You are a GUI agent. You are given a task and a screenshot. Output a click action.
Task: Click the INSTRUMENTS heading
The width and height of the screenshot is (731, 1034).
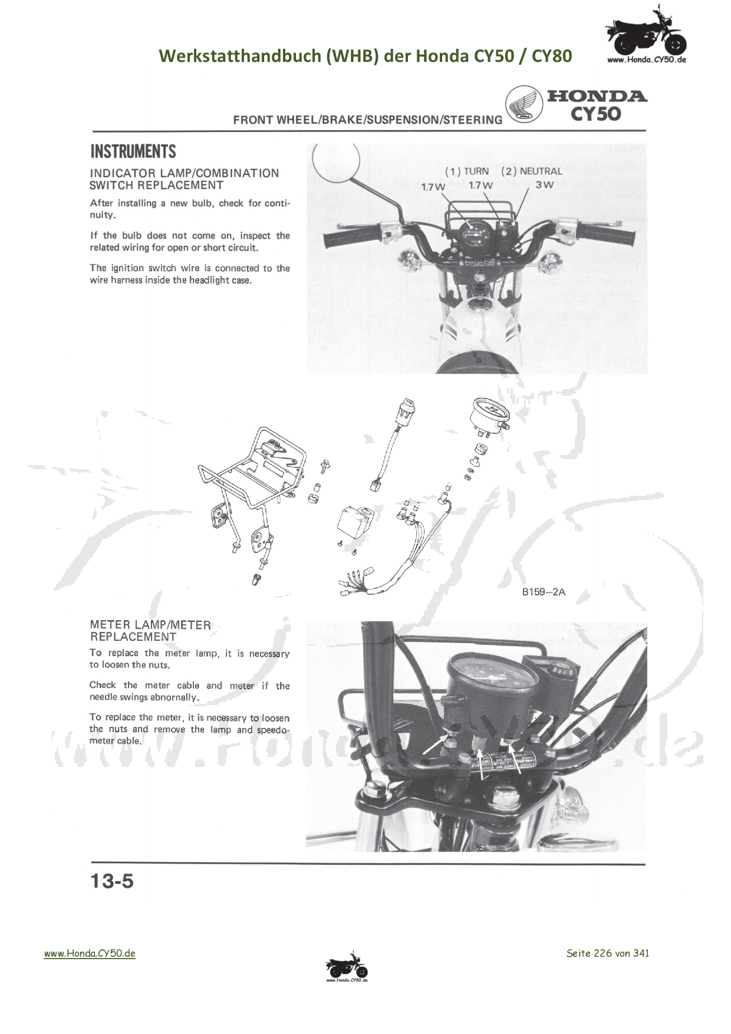click(133, 152)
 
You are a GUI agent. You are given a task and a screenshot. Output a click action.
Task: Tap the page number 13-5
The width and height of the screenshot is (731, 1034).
click(112, 881)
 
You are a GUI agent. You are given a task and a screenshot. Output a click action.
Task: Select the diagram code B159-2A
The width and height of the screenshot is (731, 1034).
click(543, 592)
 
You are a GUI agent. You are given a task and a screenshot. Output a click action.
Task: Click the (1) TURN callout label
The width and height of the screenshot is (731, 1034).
click(467, 171)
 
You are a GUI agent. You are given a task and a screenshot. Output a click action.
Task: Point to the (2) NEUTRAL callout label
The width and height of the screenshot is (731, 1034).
click(532, 171)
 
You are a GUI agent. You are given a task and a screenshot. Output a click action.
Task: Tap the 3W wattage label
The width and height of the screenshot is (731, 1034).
click(544, 185)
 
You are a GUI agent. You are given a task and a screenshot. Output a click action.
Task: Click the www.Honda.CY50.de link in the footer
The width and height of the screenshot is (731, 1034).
click(90, 953)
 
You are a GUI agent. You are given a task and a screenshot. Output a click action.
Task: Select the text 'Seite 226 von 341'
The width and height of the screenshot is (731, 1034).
click(607, 953)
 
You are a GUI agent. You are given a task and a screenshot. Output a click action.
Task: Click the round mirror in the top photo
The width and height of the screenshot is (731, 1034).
click(336, 163)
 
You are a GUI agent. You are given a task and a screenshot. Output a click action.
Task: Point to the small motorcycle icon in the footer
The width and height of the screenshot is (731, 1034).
click(347, 967)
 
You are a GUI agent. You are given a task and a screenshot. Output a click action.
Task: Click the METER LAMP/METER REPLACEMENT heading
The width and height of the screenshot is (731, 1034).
click(150, 631)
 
